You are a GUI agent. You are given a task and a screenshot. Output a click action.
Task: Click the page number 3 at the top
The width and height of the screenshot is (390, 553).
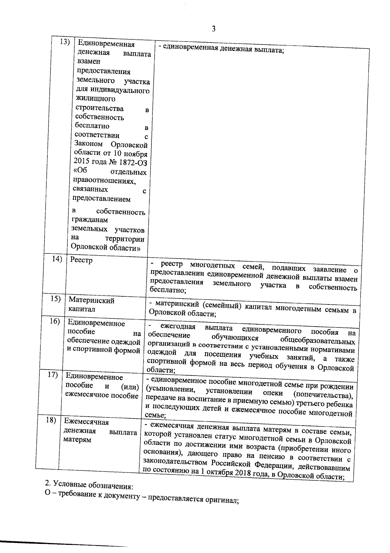pyautogui.click(x=214, y=29)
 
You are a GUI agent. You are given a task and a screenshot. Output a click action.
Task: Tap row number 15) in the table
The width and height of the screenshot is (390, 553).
pyautogui.click(x=56, y=299)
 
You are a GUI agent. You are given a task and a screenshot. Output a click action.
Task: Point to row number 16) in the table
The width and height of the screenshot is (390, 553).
pyautogui.click(x=55, y=321)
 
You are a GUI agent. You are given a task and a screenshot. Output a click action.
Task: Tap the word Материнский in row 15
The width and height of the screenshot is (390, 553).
pyautogui.click(x=91, y=301)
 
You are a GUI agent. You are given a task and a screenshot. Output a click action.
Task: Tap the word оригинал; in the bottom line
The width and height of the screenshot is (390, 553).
pyautogui.click(x=222, y=509)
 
